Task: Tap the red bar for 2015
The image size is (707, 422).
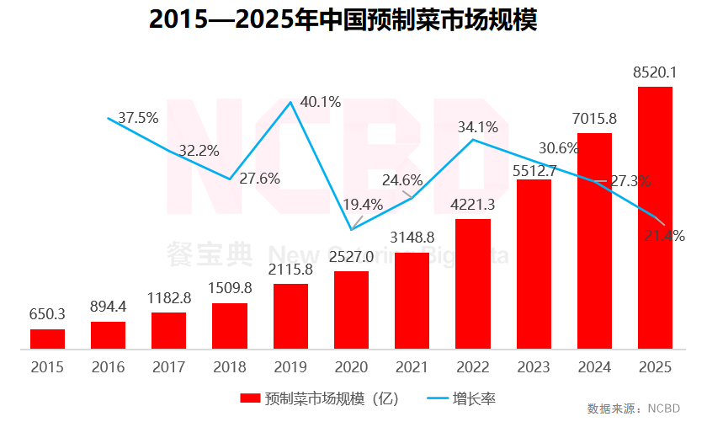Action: tap(47, 339)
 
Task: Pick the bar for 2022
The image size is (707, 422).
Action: tap(472, 284)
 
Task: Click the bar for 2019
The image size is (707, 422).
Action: tap(290, 316)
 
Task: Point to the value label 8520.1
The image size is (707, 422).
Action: tap(655, 74)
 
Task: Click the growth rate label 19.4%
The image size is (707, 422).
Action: tap(363, 204)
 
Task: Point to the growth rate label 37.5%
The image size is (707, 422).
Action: tap(138, 118)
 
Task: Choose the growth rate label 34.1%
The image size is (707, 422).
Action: tap(477, 127)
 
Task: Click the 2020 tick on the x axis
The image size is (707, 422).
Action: tap(351, 367)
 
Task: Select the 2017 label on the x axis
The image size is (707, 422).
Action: tap(168, 367)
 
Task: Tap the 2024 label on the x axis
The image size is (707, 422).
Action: tap(594, 367)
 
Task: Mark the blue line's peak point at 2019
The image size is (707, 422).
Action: tap(290, 102)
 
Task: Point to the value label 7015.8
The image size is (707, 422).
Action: tap(594, 120)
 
